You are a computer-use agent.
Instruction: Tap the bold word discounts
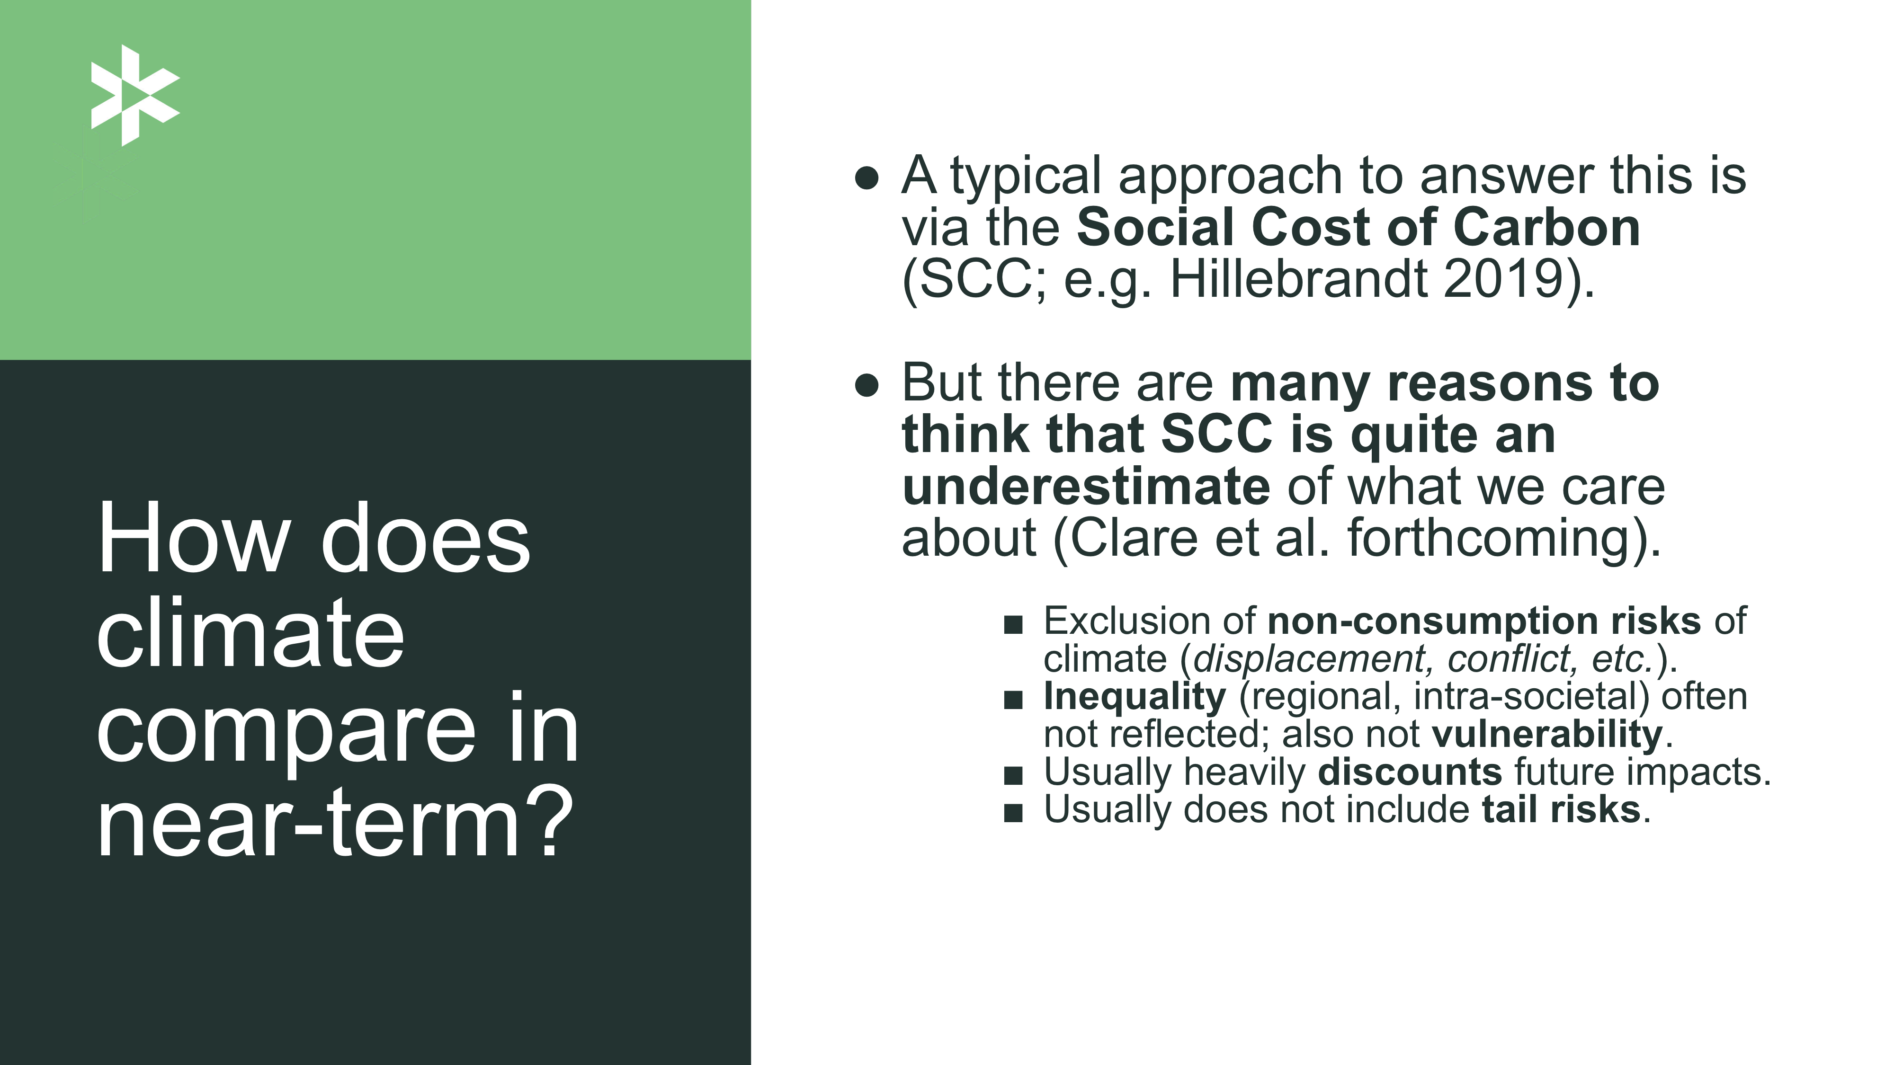pos(1410,772)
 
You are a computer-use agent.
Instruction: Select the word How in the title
pos(193,538)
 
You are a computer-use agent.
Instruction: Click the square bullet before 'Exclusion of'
pos(1013,624)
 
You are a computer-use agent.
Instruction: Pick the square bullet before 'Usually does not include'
pos(1013,813)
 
